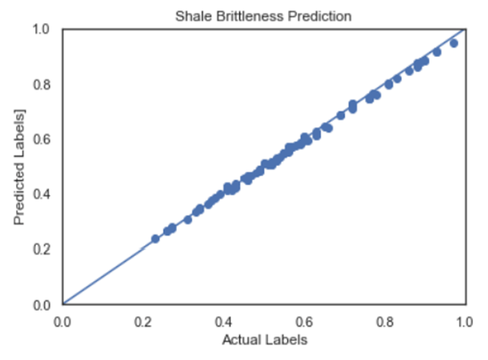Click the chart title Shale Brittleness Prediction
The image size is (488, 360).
[x=263, y=16]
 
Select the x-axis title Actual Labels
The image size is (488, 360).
[x=264, y=340]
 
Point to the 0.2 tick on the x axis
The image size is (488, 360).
[x=142, y=321]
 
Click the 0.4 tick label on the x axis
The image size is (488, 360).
[x=223, y=321]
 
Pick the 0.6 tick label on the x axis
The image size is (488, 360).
[x=304, y=321]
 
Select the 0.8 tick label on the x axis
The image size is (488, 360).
[x=385, y=321]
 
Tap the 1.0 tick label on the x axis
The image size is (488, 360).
[x=465, y=321]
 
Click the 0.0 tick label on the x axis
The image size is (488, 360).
[x=62, y=321]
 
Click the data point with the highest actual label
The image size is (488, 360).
[x=454, y=43]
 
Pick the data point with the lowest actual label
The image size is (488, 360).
[x=155, y=238]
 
